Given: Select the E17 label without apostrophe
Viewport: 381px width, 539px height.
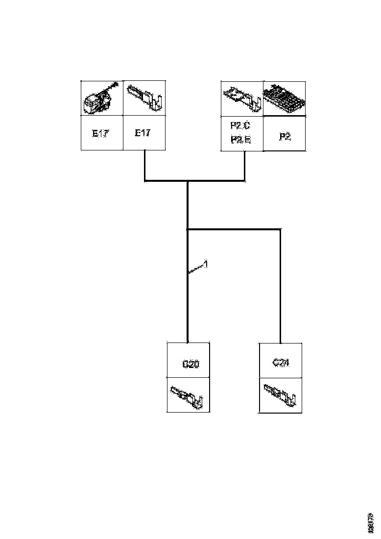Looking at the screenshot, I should coord(143,133).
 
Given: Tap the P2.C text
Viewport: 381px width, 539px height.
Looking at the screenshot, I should coord(240,126).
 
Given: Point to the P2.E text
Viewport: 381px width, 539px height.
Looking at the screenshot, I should coord(240,140).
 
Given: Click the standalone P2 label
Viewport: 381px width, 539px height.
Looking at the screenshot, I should coord(285,137).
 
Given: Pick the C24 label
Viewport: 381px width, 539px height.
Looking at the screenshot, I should coord(281,363).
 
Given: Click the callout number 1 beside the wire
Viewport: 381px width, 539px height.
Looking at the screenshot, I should coord(206,264).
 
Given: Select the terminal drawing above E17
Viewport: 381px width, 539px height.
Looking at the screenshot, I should coord(144,98).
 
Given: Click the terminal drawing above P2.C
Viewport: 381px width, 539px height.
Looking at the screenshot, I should coord(241,98).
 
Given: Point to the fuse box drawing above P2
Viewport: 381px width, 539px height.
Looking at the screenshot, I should coord(285,98).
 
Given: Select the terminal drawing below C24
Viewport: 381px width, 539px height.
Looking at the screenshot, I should coord(281,395).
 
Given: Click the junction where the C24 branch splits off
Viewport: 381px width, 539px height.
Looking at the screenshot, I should coord(188,229).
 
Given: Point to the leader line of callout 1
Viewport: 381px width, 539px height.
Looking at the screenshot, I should coord(196,269).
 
